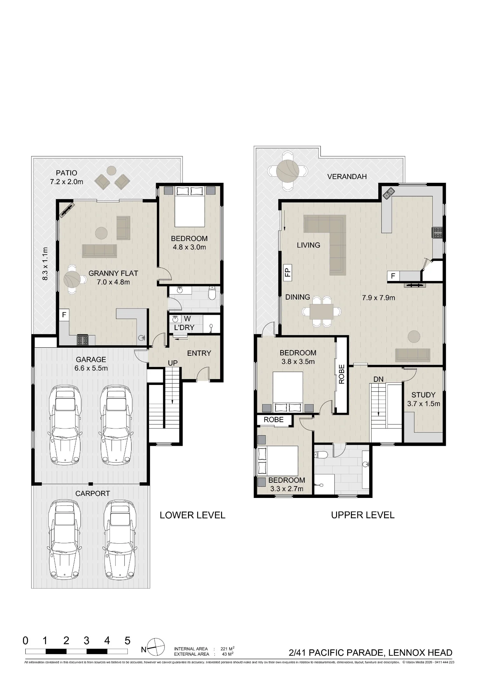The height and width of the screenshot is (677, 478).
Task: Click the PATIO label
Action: pos(67,173)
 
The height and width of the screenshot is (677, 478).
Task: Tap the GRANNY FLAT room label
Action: pos(113,273)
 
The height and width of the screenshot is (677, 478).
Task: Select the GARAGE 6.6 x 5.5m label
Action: pos(91,364)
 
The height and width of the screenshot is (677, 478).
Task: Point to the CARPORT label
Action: pos(93,494)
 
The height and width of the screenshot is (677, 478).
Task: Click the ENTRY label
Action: pos(199,353)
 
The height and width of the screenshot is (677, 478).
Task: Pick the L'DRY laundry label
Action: pos(184,328)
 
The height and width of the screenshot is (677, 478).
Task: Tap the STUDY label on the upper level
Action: pos(423,395)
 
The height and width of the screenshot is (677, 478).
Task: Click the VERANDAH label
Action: pos(347,176)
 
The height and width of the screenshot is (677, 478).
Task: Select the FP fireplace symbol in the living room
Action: pos(288,272)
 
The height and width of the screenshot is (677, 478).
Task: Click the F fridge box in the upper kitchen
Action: pos(393,276)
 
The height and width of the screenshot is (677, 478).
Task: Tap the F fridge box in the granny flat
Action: pos(64,315)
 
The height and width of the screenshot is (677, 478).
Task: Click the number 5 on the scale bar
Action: pos(127,640)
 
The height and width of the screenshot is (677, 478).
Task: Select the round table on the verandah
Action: pos(287,171)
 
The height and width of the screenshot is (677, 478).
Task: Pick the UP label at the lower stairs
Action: pos(173,363)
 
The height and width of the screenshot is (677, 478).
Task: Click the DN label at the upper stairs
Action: pos(379,379)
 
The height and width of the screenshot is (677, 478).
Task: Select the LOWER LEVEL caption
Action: pos(192,515)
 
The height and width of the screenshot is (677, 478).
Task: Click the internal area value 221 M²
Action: pos(228,649)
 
